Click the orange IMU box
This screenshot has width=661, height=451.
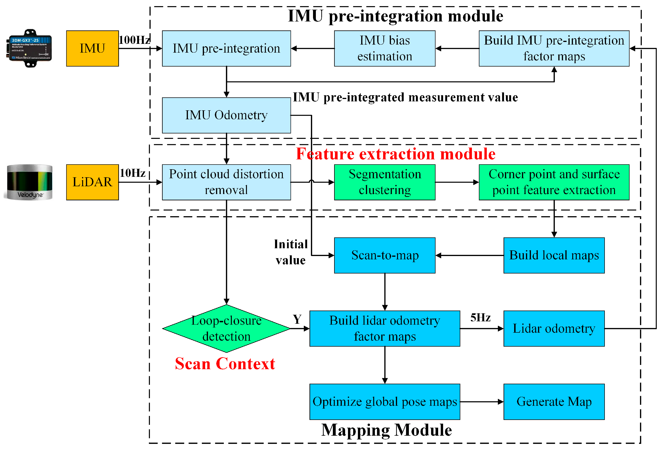93,49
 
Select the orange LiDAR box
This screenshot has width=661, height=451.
93,182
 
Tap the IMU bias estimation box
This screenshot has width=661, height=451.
385,49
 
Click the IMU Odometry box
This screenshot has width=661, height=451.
226,115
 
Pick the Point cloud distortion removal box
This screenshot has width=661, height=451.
226,182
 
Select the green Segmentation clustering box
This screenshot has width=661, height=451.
385,182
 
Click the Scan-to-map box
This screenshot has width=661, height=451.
385,255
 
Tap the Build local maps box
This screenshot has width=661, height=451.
554,255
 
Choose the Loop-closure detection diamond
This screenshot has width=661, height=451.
226,329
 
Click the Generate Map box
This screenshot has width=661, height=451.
554,401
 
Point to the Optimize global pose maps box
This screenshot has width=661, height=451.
385,401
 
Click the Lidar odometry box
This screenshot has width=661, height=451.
554,329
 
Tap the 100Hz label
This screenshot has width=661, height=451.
134,40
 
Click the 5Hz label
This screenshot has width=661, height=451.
480,318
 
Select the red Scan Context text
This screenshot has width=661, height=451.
225,364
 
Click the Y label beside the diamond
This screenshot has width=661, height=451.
297,319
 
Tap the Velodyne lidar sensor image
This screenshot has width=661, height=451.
29,182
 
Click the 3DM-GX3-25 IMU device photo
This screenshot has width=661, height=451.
29,48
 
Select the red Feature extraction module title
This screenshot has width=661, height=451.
395,154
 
